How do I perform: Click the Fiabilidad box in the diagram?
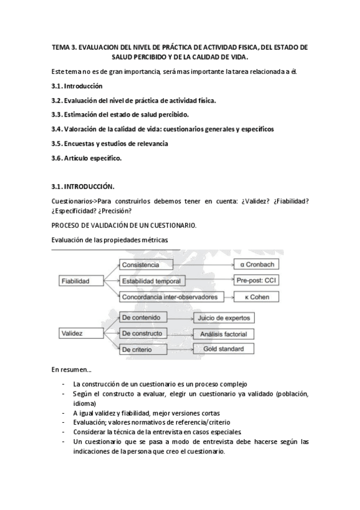click(x=75, y=281)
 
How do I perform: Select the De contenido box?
click(x=144, y=317)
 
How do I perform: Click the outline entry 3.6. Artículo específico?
click(x=87, y=158)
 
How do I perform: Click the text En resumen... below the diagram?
click(x=71, y=369)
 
